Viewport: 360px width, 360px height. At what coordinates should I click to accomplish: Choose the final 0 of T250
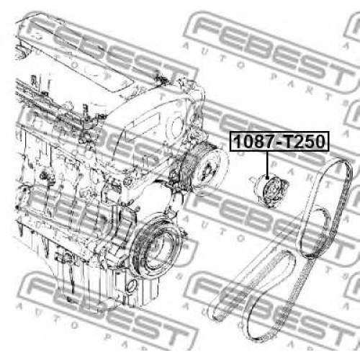pos(320,142)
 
